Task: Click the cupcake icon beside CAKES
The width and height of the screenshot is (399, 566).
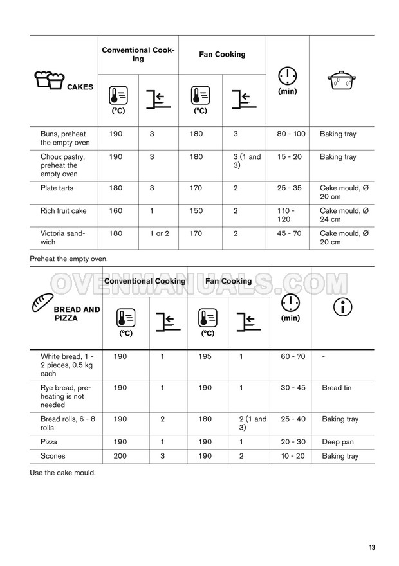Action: click(x=48, y=82)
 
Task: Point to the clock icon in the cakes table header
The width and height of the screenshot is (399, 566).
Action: click(x=286, y=76)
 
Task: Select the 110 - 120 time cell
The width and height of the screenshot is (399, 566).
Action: click(x=284, y=215)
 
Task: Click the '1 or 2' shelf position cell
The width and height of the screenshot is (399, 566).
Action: click(x=159, y=233)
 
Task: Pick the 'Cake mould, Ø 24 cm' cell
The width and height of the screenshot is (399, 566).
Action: click(x=344, y=215)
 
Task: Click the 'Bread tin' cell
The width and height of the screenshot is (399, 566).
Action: click(x=337, y=388)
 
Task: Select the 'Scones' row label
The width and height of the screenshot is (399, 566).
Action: click(x=53, y=456)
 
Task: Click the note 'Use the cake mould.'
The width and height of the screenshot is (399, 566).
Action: click(x=62, y=473)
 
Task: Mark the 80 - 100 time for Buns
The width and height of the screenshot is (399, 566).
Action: click(x=291, y=134)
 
